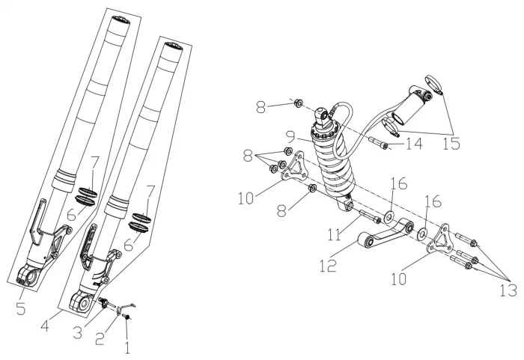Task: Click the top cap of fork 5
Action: click(121, 20)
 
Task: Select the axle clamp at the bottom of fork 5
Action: click(27, 278)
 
